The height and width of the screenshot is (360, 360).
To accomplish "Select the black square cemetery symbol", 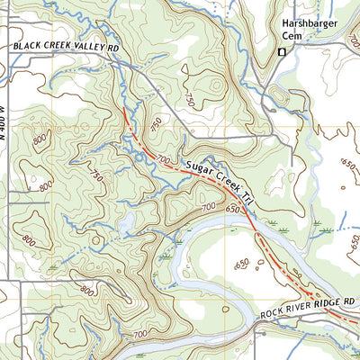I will pyautogui.click(x=280, y=52).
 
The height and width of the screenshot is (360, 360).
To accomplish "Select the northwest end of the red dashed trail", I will pyautogui.click(x=122, y=110).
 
